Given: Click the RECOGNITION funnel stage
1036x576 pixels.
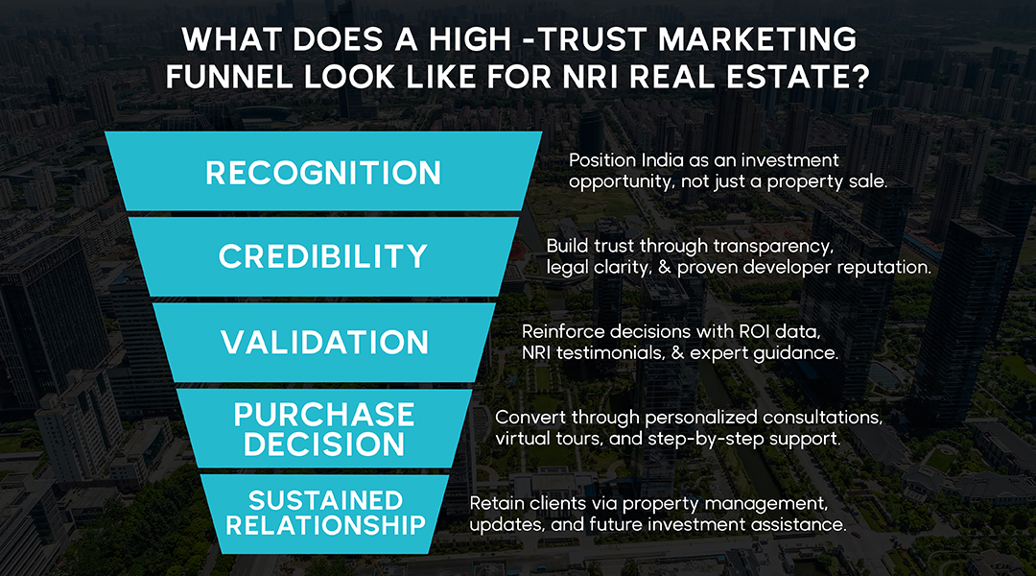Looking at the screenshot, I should coord(323,173).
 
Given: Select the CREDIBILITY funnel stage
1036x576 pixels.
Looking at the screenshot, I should coord(323,256).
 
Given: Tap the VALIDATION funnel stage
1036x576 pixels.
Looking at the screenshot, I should coord(323,343).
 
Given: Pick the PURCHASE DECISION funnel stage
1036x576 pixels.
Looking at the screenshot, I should coord(324,429).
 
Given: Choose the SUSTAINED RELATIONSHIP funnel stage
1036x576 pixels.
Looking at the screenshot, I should coord(324,513).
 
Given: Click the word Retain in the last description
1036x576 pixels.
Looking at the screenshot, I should coord(496,503).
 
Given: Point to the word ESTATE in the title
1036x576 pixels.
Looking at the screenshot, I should coord(785,76).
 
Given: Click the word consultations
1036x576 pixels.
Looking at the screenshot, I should coord(824,418).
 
